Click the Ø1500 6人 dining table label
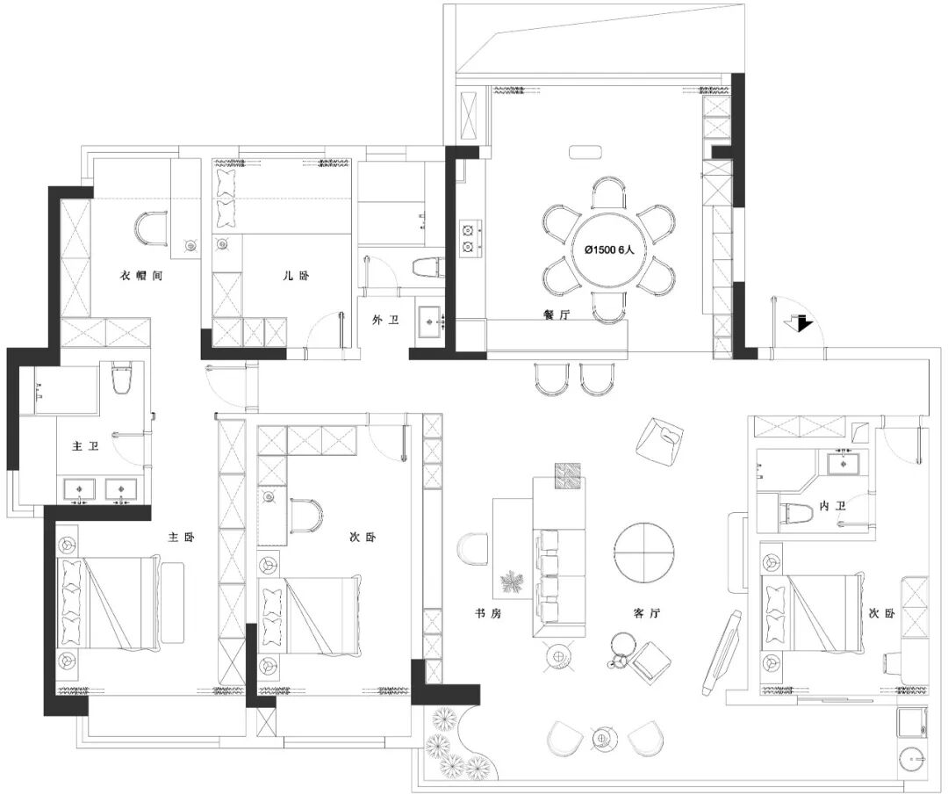point(609,249)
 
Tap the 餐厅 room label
point(557,314)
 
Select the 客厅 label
point(646,613)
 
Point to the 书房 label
point(488,613)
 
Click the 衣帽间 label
point(141,276)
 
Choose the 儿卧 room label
point(297,276)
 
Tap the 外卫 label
point(385,320)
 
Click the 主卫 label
point(85,445)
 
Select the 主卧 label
point(181,537)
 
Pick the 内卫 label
point(832,506)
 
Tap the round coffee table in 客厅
point(644,553)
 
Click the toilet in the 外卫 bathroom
point(427,267)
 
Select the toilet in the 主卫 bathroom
point(121,378)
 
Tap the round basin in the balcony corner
point(913,758)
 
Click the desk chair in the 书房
point(473,550)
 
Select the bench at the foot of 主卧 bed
point(172,602)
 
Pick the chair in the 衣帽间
point(151,228)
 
